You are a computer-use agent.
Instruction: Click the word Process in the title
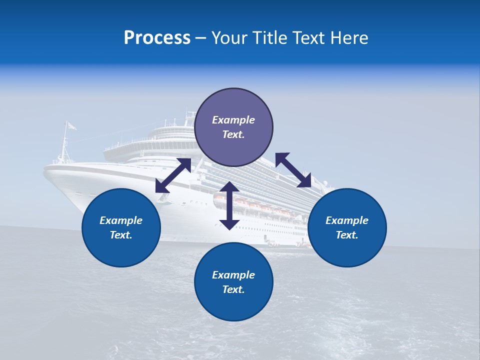coord(157,38)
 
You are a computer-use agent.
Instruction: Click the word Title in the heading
coord(272,38)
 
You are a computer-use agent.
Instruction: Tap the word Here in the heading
coord(349,38)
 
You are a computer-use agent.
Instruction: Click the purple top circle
coord(233,127)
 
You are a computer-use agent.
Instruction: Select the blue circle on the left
coord(121,227)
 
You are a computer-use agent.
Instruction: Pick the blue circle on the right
coord(347,227)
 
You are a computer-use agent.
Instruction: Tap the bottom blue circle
coord(233,282)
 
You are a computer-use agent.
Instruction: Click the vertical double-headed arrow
coord(229,205)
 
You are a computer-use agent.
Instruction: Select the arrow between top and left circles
coord(173,175)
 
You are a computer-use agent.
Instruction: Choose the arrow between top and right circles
coord(293,170)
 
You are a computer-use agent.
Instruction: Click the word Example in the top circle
coord(233,120)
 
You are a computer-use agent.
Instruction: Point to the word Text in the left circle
coord(120,235)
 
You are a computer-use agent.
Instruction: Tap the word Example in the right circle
coord(347,220)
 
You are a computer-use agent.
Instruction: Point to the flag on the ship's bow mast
coord(71,126)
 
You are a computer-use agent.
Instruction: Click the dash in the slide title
coord(201,38)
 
